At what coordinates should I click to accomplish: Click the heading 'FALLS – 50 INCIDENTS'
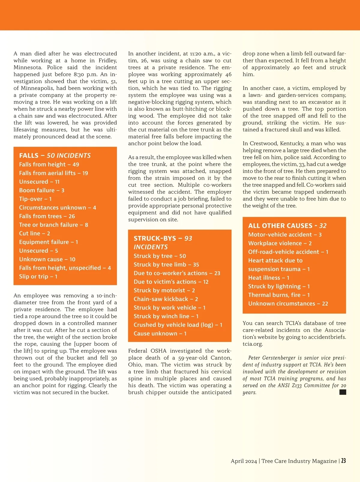click(55, 155)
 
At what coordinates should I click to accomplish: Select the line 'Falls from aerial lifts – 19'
click(53, 173)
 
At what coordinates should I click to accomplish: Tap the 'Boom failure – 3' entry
click(42, 190)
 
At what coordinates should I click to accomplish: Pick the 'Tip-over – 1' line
click(35, 199)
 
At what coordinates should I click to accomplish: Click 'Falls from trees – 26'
click(47, 216)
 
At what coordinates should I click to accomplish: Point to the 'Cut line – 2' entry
click(34, 233)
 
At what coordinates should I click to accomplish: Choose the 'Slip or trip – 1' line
click(38, 276)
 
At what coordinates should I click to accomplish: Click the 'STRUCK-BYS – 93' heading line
click(163, 239)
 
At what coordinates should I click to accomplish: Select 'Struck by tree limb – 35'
click(166, 265)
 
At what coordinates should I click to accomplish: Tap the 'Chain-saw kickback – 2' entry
click(166, 299)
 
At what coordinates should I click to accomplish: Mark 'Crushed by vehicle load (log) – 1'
click(178, 325)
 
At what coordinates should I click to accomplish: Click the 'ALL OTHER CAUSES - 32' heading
click(287, 226)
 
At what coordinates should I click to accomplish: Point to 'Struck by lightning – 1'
click(279, 286)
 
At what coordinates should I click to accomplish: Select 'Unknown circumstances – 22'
click(288, 304)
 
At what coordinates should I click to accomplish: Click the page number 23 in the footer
click(343, 461)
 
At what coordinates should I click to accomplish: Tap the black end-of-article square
click(343, 392)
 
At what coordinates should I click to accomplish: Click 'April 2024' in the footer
click(244, 461)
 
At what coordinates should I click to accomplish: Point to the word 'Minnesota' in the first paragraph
click(28, 68)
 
